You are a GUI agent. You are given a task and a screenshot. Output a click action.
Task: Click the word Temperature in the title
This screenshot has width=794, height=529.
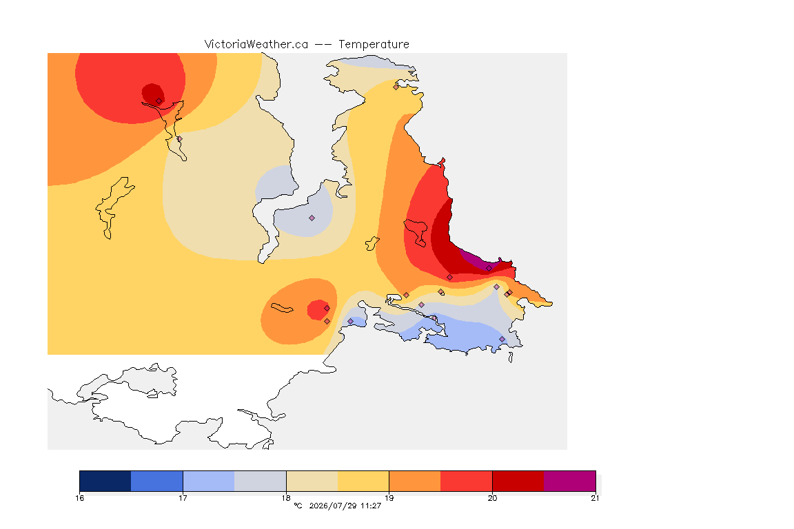click(x=374, y=45)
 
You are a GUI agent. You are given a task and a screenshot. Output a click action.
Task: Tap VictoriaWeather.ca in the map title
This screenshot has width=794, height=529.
click(x=256, y=45)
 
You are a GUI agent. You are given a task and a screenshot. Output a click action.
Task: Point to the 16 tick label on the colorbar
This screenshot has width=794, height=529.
click(x=79, y=498)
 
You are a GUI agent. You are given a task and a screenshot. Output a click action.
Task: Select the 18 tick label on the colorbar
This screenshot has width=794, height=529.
click(x=286, y=498)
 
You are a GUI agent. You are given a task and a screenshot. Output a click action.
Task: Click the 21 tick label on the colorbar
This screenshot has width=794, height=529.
click(x=595, y=498)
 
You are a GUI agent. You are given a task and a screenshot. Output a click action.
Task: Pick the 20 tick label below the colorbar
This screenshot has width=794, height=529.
click(x=492, y=498)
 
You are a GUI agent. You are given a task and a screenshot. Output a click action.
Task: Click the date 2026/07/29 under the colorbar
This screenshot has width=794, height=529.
click(x=333, y=506)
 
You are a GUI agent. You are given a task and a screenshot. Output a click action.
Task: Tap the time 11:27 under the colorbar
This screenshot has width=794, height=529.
click(x=371, y=506)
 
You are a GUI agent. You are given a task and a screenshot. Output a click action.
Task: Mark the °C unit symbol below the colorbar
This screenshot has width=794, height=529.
click(x=298, y=506)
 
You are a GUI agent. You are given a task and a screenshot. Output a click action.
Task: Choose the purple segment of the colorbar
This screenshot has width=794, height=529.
click(x=570, y=481)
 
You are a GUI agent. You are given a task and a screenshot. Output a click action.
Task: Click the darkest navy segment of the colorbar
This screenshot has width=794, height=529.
click(x=105, y=481)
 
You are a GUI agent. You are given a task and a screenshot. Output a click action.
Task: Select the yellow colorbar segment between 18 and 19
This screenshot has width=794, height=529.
click(x=363, y=481)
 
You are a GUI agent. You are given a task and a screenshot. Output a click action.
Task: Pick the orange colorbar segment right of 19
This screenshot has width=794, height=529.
click(x=415, y=481)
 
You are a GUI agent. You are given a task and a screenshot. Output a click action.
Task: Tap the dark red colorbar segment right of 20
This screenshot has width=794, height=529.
click(x=518, y=481)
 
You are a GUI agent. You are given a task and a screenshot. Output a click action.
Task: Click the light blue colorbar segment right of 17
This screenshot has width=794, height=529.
click(x=209, y=481)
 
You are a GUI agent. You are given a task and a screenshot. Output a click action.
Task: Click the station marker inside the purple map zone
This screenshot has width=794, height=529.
click(x=489, y=269)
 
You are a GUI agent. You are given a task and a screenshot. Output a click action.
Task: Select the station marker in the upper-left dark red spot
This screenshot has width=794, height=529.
click(x=159, y=101)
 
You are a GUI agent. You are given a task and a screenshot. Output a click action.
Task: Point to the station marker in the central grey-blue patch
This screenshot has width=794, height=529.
click(x=312, y=218)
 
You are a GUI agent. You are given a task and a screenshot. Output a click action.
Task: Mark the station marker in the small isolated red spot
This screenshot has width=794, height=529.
click(x=327, y=308)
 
